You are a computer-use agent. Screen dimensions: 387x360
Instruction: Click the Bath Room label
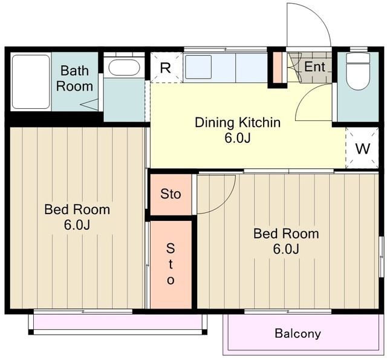[x=74, y=79]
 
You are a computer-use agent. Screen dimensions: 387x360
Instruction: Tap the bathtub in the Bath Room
[x=31, y=82]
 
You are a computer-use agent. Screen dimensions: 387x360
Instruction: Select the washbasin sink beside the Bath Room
[x=124, y=67]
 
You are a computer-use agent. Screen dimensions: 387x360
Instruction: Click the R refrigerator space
[x=165, y=67]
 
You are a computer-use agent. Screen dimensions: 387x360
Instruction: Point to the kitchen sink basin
[x=198, y=67]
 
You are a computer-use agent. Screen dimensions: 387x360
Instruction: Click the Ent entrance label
[x=314, y=67]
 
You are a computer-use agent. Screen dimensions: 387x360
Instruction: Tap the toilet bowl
[x=357, y=71]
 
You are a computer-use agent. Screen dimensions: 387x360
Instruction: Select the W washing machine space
[x=362, y=148]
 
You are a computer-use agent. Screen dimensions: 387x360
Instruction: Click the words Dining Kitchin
[x=238, y=122]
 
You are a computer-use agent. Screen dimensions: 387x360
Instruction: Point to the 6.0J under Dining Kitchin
[x=238, y=138]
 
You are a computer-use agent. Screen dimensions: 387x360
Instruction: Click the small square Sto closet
[x=171, y=194]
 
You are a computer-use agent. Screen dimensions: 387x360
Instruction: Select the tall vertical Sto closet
[x=171, y=264]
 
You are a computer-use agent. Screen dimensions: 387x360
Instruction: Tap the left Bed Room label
[x=77, y=209]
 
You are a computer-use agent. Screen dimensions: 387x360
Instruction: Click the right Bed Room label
[x=286, y=234]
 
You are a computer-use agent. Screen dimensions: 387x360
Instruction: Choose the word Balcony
[x=298, y=333]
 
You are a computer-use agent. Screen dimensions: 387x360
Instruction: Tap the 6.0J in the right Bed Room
[x=286, y=249]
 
